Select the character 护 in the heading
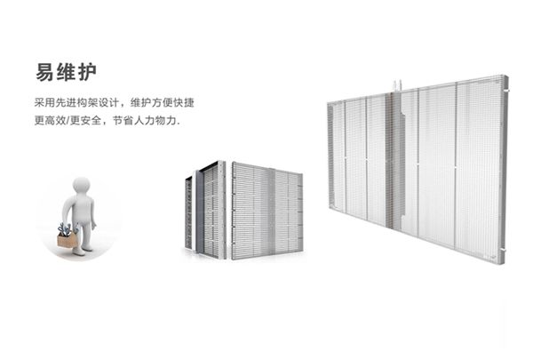coord(85,69)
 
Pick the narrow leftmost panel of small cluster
coord(188,213)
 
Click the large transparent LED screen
coord(418,169)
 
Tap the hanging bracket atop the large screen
coord(397,86)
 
